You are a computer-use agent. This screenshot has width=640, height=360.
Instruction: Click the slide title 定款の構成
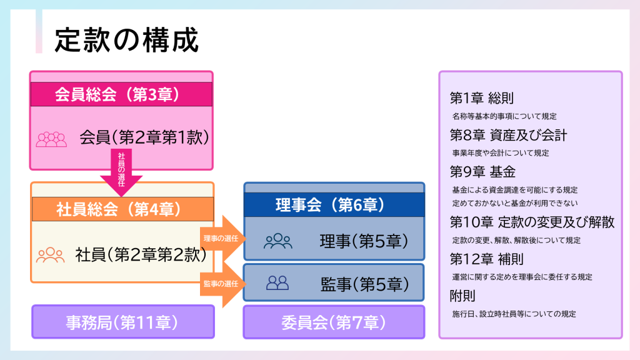tap(126, 40)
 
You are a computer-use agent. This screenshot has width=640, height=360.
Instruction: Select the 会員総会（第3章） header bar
tap(121, 94)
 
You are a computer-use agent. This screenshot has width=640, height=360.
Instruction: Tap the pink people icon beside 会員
tap(51, 139)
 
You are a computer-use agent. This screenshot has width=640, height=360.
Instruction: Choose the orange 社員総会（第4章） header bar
tap(122, 209)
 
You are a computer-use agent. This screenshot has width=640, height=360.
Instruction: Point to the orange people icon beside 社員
tap(50, 255)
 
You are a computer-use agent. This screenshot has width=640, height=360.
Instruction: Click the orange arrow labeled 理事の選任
tap(223, 238)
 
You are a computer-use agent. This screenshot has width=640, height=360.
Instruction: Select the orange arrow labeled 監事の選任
tap(223, 284)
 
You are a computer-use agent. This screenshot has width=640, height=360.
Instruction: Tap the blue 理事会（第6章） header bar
tap(334, 204)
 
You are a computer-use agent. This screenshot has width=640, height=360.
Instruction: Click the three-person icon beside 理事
tap(278, 241)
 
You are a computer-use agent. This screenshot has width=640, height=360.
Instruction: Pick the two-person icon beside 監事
tap(277, 283)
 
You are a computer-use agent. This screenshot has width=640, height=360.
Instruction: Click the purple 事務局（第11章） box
tap(123, 322)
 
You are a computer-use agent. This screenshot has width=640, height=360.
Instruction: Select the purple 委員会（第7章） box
tap(334, 322)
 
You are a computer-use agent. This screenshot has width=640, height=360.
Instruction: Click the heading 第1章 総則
tap(482, 98)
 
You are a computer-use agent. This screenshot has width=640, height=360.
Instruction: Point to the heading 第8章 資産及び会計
tap(509, 135)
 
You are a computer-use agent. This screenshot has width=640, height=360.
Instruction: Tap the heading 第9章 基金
tap(482, 172)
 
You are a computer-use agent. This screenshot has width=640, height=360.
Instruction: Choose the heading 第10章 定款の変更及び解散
tap(532, 222)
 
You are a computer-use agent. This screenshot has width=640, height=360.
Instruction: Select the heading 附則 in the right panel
tap(462, 296)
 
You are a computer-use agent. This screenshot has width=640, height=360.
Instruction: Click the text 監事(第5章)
tap(364, 284)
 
